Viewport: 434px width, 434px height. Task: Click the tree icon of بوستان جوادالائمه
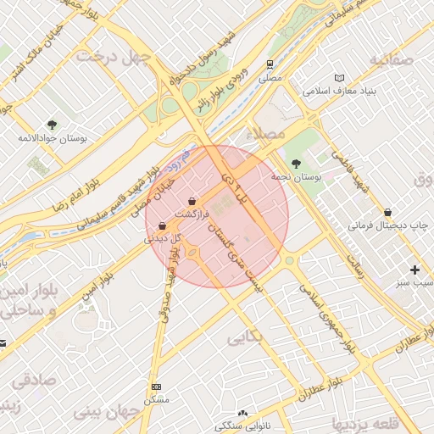(x=53, y=124)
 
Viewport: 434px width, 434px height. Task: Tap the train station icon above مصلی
(x=270, y=64)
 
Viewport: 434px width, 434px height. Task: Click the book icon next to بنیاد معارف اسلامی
(x=341, y=76)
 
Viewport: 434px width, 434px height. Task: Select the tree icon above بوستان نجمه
(x=295, y=163)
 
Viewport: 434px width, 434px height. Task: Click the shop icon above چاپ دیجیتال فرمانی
(x=388, y=213)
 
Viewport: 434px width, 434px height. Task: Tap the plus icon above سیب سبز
(x=414, y=270)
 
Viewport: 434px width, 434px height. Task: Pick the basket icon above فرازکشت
(x=194, y=202)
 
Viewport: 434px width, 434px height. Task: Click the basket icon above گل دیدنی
(x=162, y=226)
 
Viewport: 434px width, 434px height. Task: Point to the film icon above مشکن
(x=155, y=387)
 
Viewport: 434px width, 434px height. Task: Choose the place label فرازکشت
(x=191, y=215)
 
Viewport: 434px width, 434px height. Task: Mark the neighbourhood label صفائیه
(x=392, y=59)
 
